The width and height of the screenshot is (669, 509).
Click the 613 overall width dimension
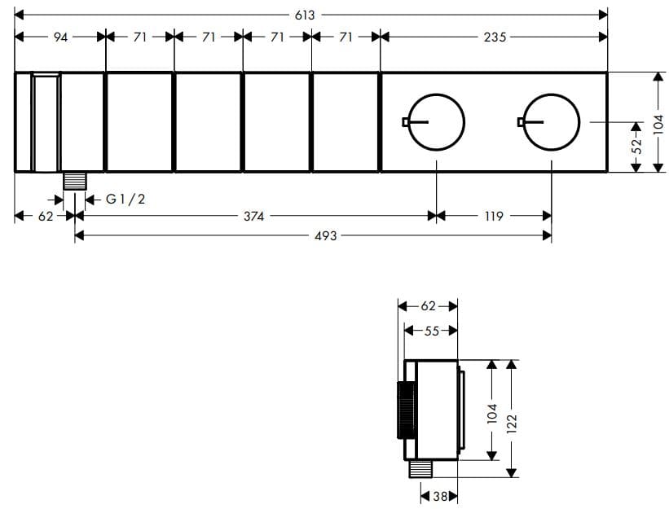pyautogui.click(x=305, y=15)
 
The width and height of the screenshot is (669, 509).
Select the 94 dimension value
pyautogui.click(x=60, y=37)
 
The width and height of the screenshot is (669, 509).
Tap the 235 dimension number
pyautogui.click(x=495, y=37)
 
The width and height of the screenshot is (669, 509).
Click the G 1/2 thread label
pyautogui.click(x=125, y=199)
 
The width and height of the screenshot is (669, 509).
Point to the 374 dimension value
pyautogui.click(x=254, y=216)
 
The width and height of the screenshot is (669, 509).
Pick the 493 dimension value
pyautogui.click(x=326, y=235)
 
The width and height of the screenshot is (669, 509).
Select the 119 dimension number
pyautogui.click(x=494, y=216)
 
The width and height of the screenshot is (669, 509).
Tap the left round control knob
pyautogui.click(x=436, y=122)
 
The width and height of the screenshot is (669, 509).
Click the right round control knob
pyautogui.click(x=551, y=122)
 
